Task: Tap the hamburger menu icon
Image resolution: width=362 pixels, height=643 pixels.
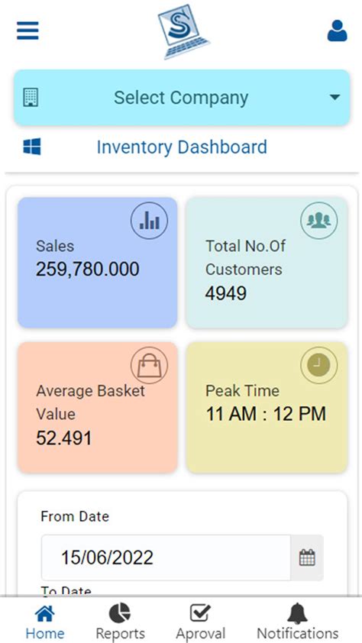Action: pyautogui.click(x=27, y=31)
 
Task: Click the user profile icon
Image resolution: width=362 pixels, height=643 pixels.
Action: pyautogui.click(x=337, y=31)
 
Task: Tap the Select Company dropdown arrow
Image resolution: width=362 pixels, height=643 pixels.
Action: pyautogui.click(x=334, y=98)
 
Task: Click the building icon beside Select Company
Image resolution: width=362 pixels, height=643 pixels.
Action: pyautogui.click(x=31, y=98)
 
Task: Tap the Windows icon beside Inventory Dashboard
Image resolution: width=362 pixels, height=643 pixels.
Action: pyautogui.click(x=32, y=147)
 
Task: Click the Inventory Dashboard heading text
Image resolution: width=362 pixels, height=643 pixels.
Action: pyautogui.click(x=182, y=147)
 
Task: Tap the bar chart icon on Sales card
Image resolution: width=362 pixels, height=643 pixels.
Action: pyautogui.click(x=149, y=221)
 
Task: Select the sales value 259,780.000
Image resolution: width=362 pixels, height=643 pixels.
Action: pyautogui.click(x=87, y=269)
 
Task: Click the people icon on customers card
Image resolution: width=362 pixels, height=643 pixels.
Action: pyautogui.click(x=318, y=221)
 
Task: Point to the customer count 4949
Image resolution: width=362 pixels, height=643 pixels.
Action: pyautogui.click(x=226, y=292)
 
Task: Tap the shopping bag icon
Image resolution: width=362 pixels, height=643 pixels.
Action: pyautogui.click(x=149, y=366)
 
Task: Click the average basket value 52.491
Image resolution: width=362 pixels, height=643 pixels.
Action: pyautogui.click(x=64, y=438)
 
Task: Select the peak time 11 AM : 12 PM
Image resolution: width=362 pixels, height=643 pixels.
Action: pyautogui.click(x=265, y=414)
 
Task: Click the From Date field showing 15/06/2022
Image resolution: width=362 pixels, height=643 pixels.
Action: pyautogui.click(x=165, y=557)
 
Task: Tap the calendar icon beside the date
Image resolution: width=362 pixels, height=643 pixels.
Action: pyautogui.click(x=307, y=557)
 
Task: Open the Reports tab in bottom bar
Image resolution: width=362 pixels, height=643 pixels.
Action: pyautogui.click(x=120, y=622)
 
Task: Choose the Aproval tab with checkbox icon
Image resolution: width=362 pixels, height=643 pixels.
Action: pyautogui.click(x=200, y=622)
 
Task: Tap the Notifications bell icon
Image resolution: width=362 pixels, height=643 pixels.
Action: pyautogui.click(x=297, y=613)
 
